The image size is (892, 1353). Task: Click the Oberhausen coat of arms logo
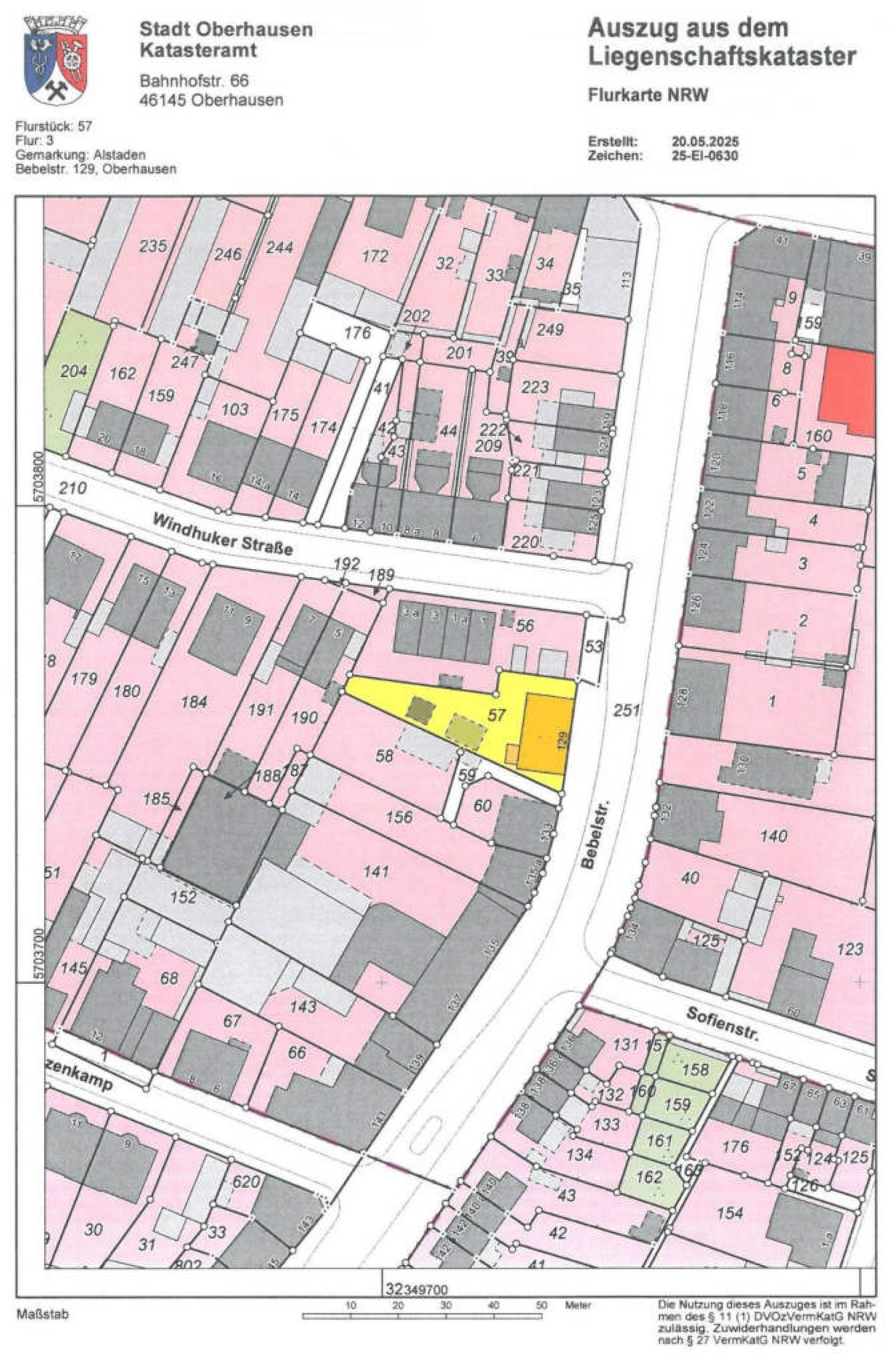point(55,60)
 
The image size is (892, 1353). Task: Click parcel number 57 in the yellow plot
point(496,715)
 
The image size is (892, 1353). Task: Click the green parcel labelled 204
point(74,371)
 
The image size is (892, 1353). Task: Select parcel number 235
point(153,246)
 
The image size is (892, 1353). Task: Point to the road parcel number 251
point(626,710)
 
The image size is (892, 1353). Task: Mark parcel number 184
point(194,702)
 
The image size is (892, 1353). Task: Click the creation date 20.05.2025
point(705,142)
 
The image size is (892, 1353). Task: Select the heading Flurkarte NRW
point(648,95)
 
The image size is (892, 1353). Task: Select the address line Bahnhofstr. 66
point(194,81)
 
